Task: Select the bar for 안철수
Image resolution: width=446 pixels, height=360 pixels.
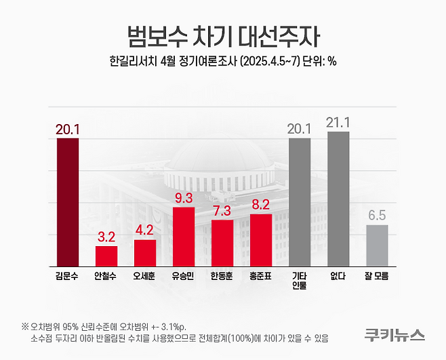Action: click(x=106, y=256)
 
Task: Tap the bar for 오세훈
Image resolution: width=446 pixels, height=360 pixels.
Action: click(x=144, y=252)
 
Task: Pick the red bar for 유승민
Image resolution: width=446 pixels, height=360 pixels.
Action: click(x=184, y=236)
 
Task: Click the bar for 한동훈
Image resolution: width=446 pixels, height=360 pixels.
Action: click(x=222, y=242)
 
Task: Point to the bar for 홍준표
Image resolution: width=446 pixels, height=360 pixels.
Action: click(x=261, y=239)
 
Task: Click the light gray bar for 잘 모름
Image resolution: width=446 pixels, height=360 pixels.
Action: click(x=377, y=245)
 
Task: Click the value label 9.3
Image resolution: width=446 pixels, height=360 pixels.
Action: click(x=184, y=198)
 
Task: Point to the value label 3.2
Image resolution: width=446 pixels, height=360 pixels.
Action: click(x=106, y=237)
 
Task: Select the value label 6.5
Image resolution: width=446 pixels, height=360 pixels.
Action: click(x=377, y=216)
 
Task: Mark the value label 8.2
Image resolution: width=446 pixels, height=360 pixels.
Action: click(x=261, y=204)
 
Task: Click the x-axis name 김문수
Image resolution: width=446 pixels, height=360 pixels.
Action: click(x=67, y=277)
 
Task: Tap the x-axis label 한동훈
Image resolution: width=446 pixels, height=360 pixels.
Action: click(x=222, y=277)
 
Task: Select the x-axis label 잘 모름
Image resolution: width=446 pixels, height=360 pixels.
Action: click(x=377, y=277)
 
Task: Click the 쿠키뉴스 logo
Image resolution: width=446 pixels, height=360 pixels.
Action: click(x=394, y=334)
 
